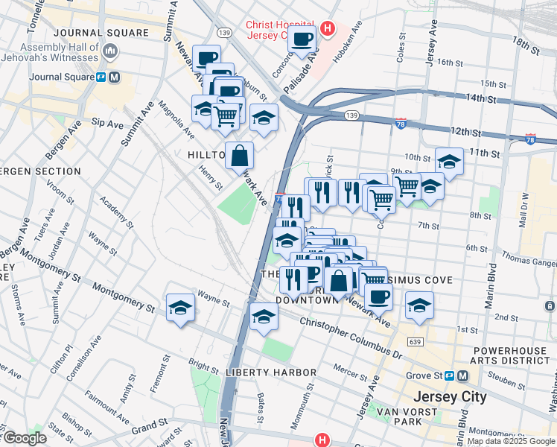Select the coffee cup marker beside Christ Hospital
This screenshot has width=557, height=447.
pyautogui.click(x=302, y=39)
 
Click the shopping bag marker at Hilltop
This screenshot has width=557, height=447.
pyautogui.click(x=239, y=156)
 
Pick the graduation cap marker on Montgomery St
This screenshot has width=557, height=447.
pyautogui.click(x=180, y=307)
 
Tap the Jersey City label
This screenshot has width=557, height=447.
pyautogui.click(x=444, y=396)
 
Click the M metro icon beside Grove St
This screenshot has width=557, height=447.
pyautogui.click(x=463, y=376)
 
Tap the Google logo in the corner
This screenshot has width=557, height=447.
pyautogui.click(x=24, y=438)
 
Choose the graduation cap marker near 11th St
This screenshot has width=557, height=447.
pyautogui.click(x=449, y=160)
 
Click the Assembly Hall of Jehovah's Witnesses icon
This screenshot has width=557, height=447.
pyautogui.click(x=111, y=51)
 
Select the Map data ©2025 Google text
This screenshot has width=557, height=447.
pyautogui.click(x=511, y=441)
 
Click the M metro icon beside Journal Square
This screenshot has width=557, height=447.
pyautogui.click(x=115, y=77)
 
